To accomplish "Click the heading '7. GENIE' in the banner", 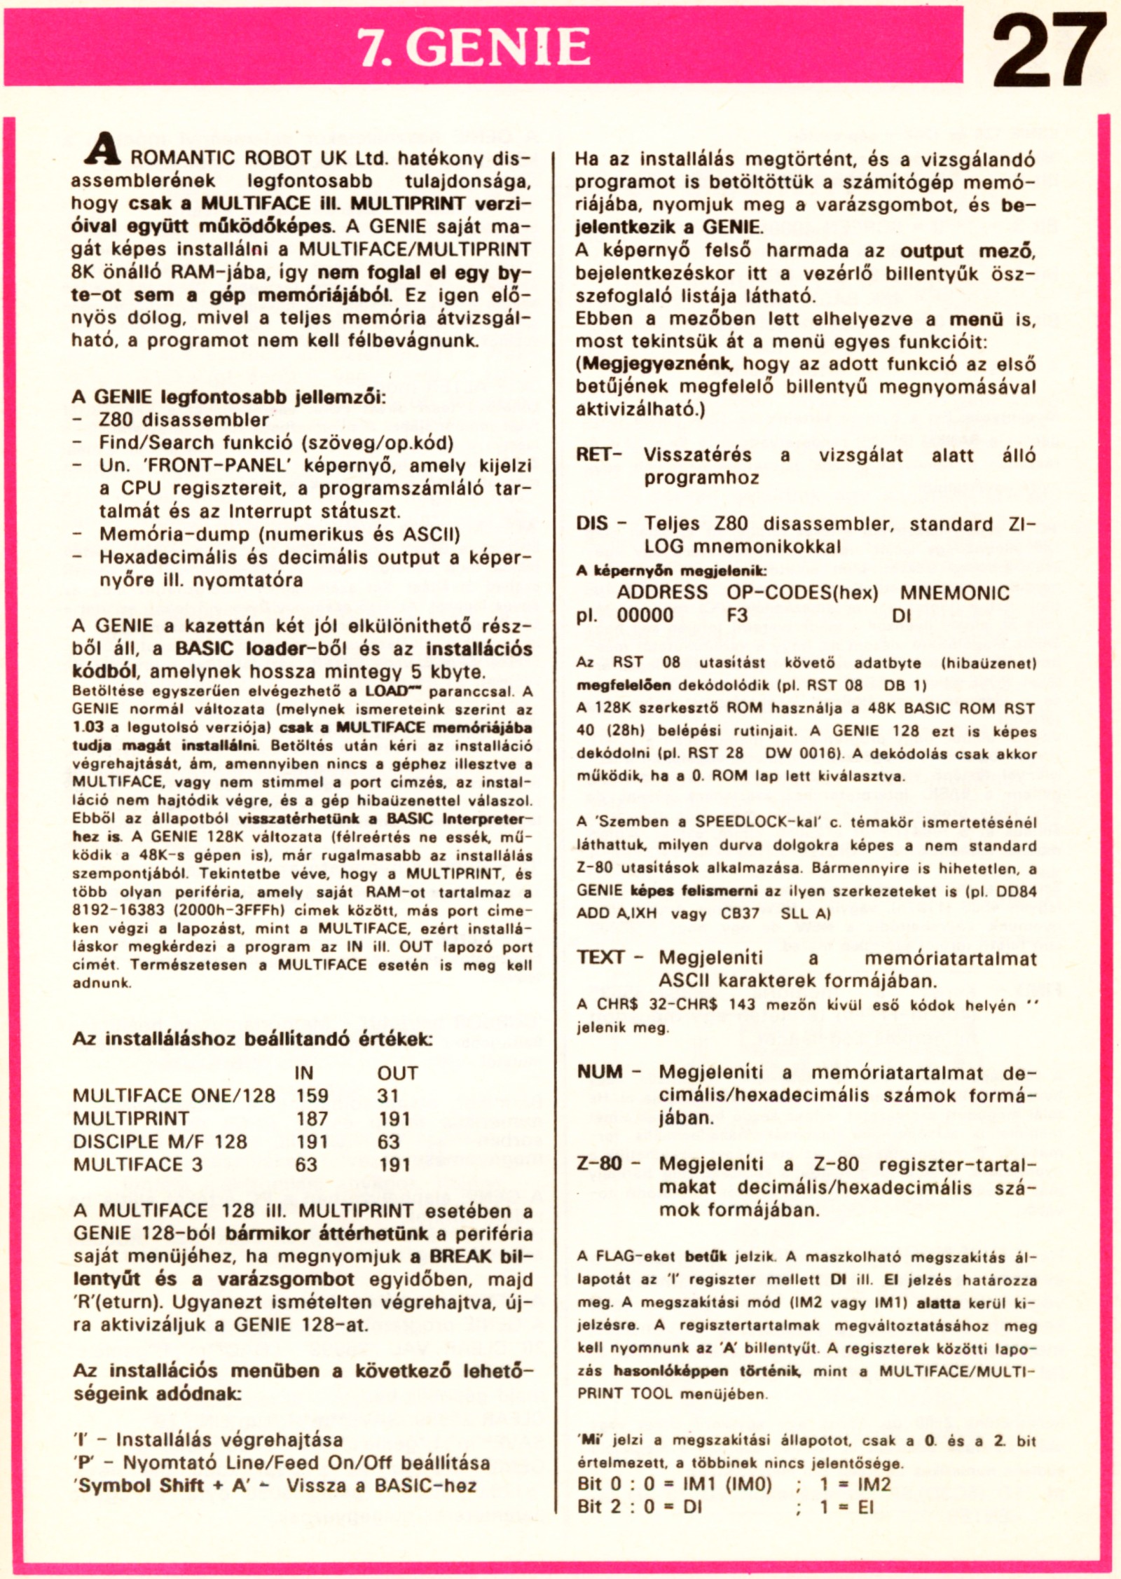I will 474,47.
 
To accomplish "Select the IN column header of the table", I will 304,1073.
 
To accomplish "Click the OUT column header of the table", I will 397,1073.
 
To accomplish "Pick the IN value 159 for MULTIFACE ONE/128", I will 312,1096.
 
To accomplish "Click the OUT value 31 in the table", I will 387,1096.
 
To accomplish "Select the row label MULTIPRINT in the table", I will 131,1119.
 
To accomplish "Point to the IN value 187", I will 312,1119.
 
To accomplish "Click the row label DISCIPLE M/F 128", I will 160,1142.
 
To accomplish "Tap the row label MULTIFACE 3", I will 138,1165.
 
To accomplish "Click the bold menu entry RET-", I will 599,455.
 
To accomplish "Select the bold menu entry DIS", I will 592,524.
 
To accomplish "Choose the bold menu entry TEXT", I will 601,957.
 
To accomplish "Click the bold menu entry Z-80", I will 600,1164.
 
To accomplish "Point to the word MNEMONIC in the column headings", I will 954,593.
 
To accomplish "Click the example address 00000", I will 645,616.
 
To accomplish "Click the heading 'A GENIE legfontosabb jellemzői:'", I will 228,397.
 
